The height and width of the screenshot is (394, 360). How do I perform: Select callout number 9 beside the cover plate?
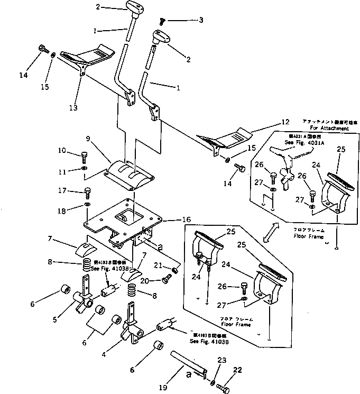pyautogui.click(x=89, y=140)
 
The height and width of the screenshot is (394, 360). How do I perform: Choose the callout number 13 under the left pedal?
pyautogui.click(x=73, y=108)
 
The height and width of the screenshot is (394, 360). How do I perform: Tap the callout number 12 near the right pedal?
pyautogui.click(x=285, y=122)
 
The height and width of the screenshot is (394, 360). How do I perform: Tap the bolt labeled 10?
pyautogui.click(x=85, y=157)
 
